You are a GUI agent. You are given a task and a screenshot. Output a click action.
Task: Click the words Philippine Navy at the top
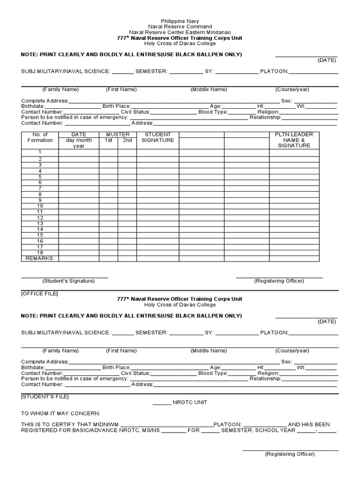click(180, 22)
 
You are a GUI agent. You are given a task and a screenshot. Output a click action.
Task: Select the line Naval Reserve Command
click(180, 27)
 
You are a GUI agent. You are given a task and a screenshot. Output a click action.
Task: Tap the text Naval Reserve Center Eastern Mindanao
click(180, 32)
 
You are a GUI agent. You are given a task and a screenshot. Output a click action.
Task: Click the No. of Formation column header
click(40, 137)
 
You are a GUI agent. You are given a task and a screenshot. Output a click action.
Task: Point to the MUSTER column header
click(117, 135)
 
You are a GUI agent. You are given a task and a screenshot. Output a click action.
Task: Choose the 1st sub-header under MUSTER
click(108, 140)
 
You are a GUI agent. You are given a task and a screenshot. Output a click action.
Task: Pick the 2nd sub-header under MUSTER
click(127, 140)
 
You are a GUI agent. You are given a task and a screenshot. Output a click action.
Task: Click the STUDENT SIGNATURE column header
click(157, 137)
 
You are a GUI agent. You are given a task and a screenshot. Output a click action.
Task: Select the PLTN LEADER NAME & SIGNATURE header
click(294, 140)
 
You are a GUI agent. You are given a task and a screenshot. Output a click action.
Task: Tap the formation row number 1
click(40, 152)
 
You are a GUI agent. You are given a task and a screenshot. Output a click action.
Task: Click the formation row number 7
click(40, 188)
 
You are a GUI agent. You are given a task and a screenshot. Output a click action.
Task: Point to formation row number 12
click(40, 217)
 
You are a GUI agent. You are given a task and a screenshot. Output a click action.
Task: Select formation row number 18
click(40, 253)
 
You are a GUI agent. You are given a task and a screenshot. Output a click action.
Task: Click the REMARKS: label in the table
click(40, 258)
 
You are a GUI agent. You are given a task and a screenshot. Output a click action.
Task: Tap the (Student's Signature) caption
click(68, 281)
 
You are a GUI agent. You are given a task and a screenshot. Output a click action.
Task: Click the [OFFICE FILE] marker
click(39, 293)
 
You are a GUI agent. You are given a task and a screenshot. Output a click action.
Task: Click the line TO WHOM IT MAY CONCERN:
click(60, 413)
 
